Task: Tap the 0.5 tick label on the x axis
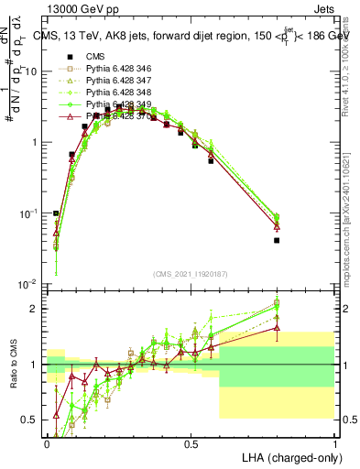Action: point(191,443)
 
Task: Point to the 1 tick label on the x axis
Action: point(334,443)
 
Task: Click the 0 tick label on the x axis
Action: point(47,443)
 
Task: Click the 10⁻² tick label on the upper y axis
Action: point(28,284)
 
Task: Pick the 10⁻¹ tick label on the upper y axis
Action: point(28,213)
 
